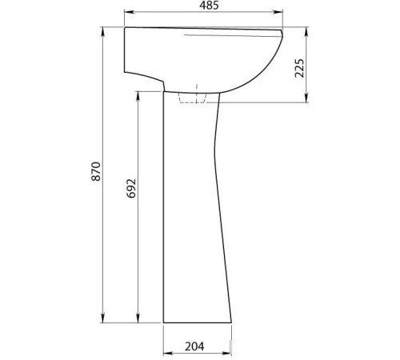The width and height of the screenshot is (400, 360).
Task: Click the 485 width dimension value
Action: point(209,6)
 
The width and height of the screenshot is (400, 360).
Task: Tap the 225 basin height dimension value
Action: point(299,68)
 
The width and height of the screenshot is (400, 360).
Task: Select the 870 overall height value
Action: point(96,171)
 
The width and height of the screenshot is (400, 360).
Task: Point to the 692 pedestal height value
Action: point(131,189)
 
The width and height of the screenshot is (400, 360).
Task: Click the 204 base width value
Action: point(194,346)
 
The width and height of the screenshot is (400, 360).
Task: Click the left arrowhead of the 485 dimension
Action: point(129,12)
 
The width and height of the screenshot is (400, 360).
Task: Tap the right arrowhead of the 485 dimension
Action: point(278,12)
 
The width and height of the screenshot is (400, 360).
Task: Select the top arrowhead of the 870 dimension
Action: point(103,31)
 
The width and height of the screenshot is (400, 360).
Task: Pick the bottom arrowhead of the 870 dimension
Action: point(103,318)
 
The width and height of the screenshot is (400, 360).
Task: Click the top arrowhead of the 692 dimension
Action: point(138,96)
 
